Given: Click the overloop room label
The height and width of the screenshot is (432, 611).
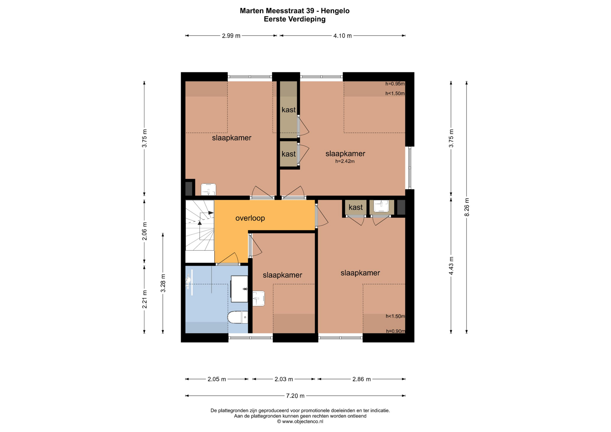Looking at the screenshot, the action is click(x=250, y=218).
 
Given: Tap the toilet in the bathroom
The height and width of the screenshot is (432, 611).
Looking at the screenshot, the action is click(x=238, y=317).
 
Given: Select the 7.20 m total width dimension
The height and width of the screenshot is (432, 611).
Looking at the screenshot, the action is click(x=295, y=396).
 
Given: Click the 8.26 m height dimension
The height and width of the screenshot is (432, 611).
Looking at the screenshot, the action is click(x=467, y=207).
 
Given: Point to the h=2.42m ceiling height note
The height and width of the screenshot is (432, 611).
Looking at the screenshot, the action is click(x=345, y=161).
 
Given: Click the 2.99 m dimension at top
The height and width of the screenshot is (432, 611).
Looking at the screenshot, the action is click(x=231, y=36).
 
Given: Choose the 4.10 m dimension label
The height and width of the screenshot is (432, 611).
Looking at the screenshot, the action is click(x=342, y=36).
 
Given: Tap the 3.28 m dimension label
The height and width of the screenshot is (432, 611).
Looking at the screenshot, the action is click(x=163, y=283).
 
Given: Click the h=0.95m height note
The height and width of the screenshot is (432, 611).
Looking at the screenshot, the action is click(x=395, y=84).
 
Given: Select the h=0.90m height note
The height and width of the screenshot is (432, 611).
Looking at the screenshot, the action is click(x=396, y=331).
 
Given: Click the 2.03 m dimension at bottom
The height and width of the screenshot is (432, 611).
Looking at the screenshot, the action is click(x=284, y=379).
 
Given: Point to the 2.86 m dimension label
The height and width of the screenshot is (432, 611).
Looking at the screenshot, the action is click(x=362, y=379).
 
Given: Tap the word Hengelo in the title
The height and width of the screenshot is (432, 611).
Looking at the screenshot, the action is click(x=335, y=11).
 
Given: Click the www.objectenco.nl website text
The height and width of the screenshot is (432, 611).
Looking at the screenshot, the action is click(x=303, y=422).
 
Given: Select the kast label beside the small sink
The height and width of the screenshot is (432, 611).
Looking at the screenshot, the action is click(x=355, y=207).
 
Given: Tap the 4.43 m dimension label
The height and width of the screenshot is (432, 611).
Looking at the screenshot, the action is click(x=451, y=266).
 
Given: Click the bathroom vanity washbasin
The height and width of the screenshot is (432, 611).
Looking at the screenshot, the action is click(x=239, y=289).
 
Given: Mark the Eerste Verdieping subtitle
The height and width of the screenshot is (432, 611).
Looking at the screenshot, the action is click(x=295, y=19).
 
